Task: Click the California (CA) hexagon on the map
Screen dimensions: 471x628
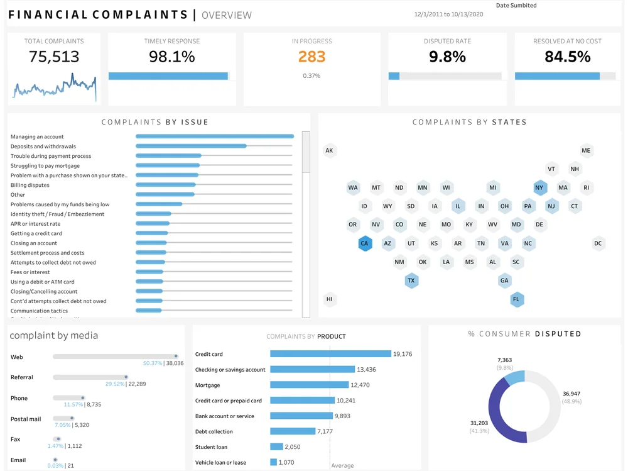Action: click(x=365, y=243)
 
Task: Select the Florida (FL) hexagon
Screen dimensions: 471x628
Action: click(x=517, y=299)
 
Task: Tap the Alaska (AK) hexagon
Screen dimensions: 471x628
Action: click(x=329, y=150)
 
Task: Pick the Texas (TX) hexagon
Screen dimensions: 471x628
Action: click(x=411, y=280)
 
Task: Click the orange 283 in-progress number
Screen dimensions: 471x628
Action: click(x=311, y=57)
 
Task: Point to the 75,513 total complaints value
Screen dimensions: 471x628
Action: click(x=54, y=57)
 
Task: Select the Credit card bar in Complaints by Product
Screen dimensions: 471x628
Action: click(x=330, y=354)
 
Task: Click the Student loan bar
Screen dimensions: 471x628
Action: click(x=277, y=446)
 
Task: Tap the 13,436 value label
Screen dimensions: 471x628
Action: click(x=366, y=370)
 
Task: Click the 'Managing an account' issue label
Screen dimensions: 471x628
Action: click(x=37, y=136)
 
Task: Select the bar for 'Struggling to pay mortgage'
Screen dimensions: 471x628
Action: click(x=168, y=166)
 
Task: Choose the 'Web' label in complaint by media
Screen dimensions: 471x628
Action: click(x=17, y=357)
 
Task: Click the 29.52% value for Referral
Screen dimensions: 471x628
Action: click(x=115, y=384)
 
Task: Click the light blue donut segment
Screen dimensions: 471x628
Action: click(x=514, y=377)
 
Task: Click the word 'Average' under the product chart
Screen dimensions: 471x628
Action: click(x=342, y=466)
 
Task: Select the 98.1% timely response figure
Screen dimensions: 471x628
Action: click(x=171, y=57)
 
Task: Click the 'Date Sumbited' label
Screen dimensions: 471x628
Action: click(x=516, y=6)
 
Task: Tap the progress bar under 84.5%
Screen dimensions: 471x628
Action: click(x=557, y=76)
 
